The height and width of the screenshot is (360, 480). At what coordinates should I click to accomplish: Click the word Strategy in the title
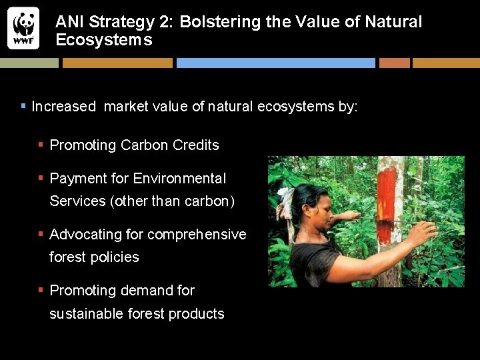click(x=114, y=22)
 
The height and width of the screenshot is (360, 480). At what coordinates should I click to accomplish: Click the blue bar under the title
click(x=275, y=63)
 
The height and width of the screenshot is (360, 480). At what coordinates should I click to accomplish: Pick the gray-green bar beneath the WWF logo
click(x=29, y=63)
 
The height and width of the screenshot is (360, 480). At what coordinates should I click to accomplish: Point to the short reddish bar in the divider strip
click(x=394, y=63)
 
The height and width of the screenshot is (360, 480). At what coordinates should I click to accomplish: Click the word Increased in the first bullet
click(x=63, y=107)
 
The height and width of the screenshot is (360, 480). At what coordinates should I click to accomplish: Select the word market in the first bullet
click(x=126, y=107)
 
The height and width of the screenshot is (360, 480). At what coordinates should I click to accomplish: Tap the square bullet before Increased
click(x=24, y=106)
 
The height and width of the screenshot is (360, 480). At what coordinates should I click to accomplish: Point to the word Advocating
click(x=85, y=235)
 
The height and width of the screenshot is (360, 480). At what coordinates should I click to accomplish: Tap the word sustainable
click(x=83, y=314)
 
